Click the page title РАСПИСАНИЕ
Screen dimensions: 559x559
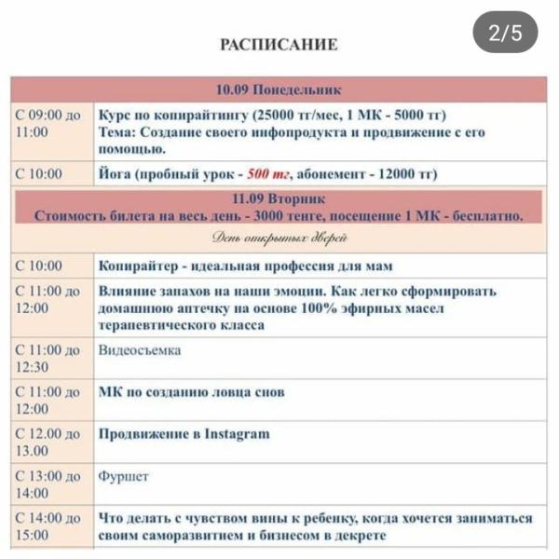pos(279,44)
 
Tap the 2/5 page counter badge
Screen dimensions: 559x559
pos(506,34)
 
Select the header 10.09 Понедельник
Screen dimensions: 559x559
pos(279,89)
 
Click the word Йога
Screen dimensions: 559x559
pos(115,174)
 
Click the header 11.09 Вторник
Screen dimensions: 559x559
pos(279,199)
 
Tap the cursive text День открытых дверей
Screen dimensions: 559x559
pos(279,239)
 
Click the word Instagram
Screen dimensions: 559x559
pos(237,433)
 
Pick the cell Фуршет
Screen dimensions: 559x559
pos(123,476)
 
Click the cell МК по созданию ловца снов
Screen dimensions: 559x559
pos(191,392)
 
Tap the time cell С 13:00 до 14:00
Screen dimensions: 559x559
pos(48,484)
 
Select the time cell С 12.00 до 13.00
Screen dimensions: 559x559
pos(48,442)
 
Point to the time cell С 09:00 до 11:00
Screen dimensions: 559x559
pos(48,124)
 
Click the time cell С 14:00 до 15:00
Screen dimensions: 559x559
pos(48,526)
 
